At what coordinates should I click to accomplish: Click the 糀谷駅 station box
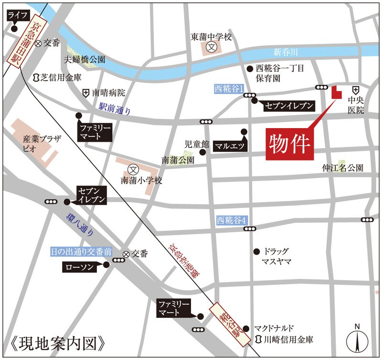point(232,322)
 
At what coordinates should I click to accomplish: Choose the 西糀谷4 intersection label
point(231,220)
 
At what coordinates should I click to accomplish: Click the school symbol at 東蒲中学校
point(212,47)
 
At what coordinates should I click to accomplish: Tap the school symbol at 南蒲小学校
point(134,169)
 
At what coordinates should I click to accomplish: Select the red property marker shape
point(336,92)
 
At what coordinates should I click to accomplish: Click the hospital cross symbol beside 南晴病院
point(85,92)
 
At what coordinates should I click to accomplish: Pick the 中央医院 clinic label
point(356,106)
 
